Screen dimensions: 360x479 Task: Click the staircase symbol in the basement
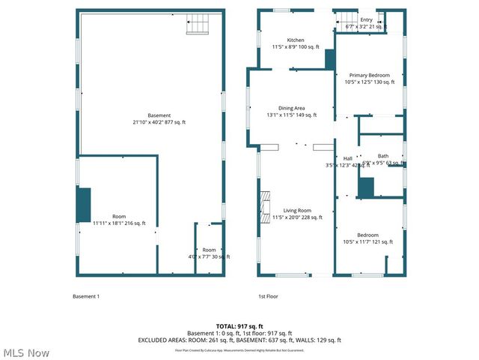click(x=198, y=26)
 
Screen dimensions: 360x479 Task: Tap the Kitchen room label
click(x=296, y=43)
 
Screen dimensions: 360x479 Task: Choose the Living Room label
click(x=296, y=214)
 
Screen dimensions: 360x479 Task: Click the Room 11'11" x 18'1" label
click(x=120, y=220)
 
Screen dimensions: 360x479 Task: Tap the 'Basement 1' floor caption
click(x=85, y=296)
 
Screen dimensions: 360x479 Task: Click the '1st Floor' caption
click(x=268, y=296)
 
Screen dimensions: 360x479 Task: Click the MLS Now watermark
click(x=25, y=352)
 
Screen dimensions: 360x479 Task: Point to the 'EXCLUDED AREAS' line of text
click(x=239, y=340)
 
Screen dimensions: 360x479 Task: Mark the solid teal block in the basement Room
click(x=83, y=204)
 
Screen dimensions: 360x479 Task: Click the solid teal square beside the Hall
click(x=366, y=187)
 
